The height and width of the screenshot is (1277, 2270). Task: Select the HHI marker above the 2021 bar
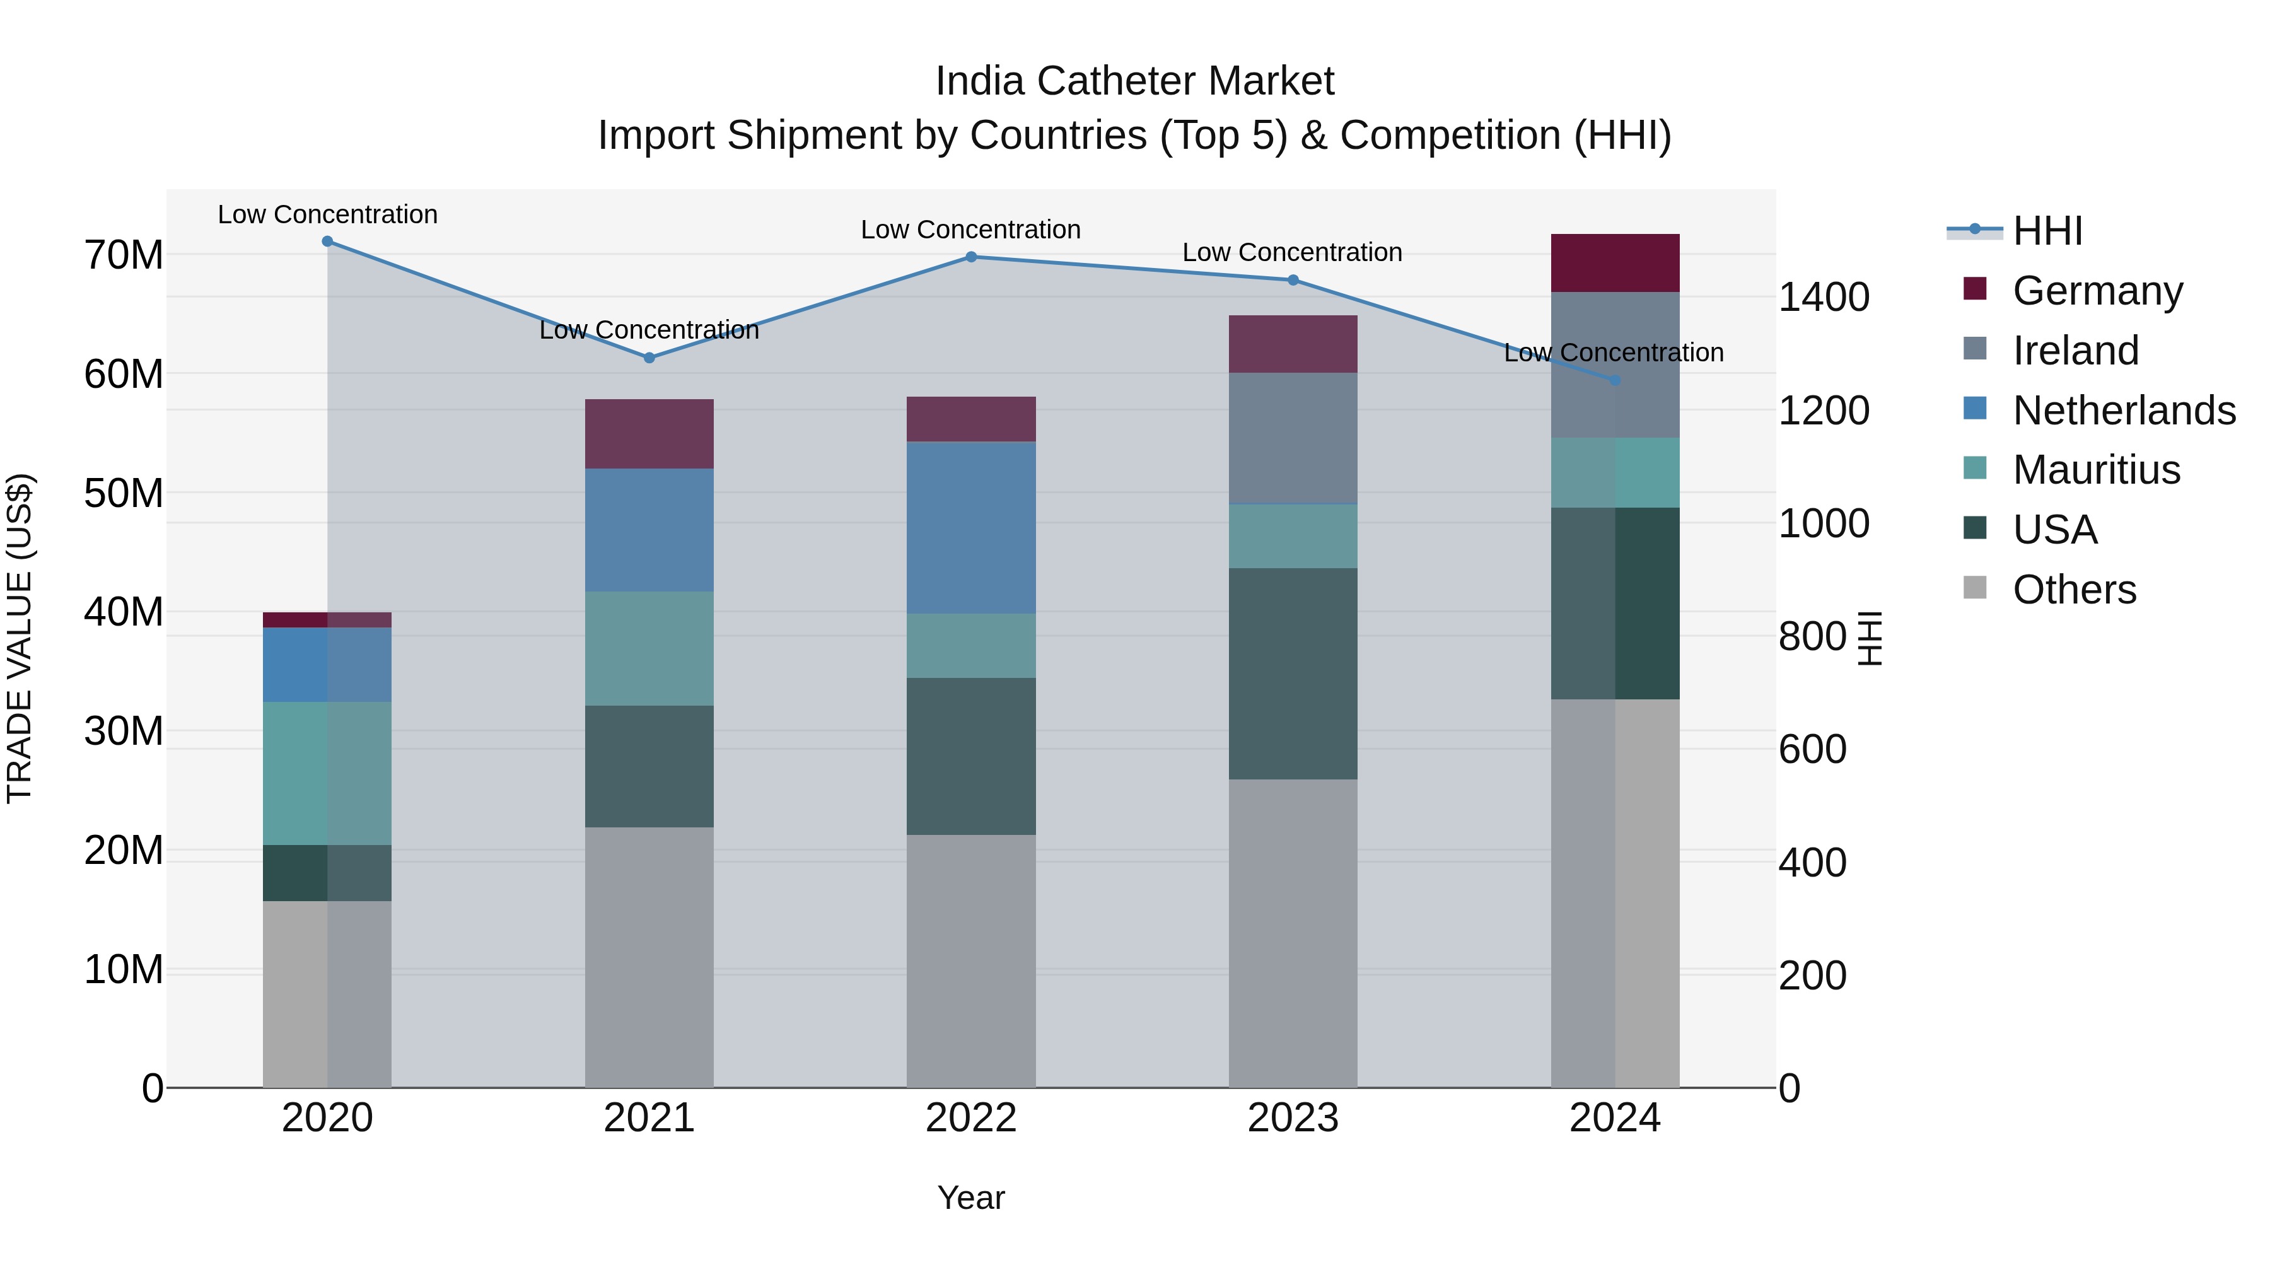(649, 358)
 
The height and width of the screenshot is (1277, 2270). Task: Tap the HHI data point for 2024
(1615, 381)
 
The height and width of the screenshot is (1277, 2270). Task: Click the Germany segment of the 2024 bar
(1615, 262)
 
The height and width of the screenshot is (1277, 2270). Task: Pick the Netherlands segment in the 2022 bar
(971, 527)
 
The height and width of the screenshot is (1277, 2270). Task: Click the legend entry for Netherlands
(2124, 411)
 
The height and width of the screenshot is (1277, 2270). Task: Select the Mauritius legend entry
(2095, 470)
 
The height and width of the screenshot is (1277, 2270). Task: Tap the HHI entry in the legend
(2046, 231)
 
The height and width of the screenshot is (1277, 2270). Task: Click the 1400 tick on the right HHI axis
(1823, 297)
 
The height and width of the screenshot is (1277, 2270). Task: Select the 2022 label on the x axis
(971, 1118)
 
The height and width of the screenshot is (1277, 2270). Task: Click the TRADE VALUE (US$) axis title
(20, 638)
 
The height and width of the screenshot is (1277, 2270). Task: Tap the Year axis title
(971, 1198)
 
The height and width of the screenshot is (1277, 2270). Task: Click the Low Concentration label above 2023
(1292, 252)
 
